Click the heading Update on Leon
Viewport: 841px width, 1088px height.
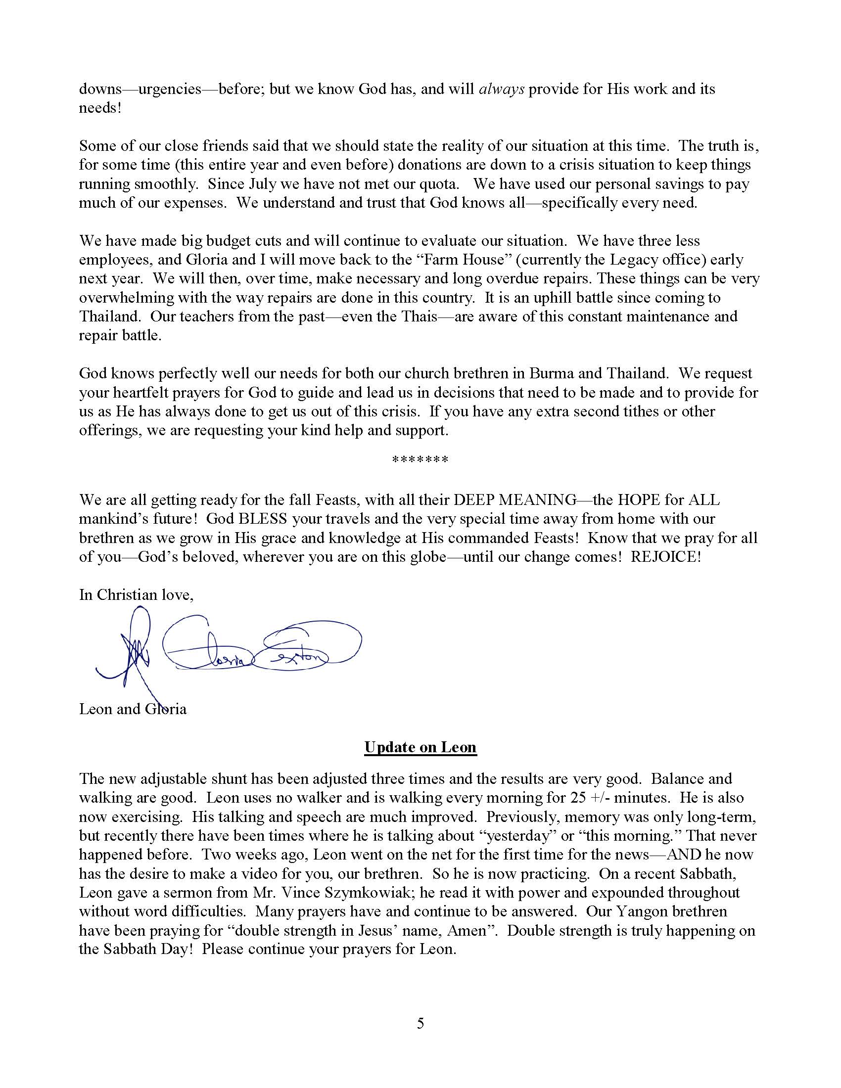(420, 747)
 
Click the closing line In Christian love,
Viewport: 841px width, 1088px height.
(136, 595)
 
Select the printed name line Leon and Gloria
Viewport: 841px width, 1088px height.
(133, 709)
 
